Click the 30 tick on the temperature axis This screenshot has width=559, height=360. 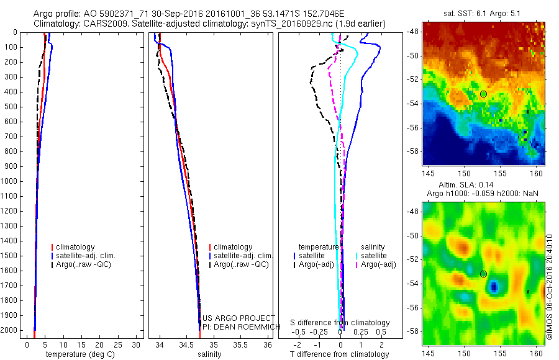[x=138, y=344]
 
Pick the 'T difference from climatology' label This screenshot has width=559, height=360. [x=339, y=354]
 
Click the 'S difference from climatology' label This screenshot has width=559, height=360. [x=340, y=323]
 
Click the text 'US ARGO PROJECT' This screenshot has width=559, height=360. [x=239, y=318]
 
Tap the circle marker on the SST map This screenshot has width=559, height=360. [x=483, y=94]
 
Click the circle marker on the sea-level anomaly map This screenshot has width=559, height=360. [x=483, y=274]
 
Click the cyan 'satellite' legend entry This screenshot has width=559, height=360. [x=375, y=256]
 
